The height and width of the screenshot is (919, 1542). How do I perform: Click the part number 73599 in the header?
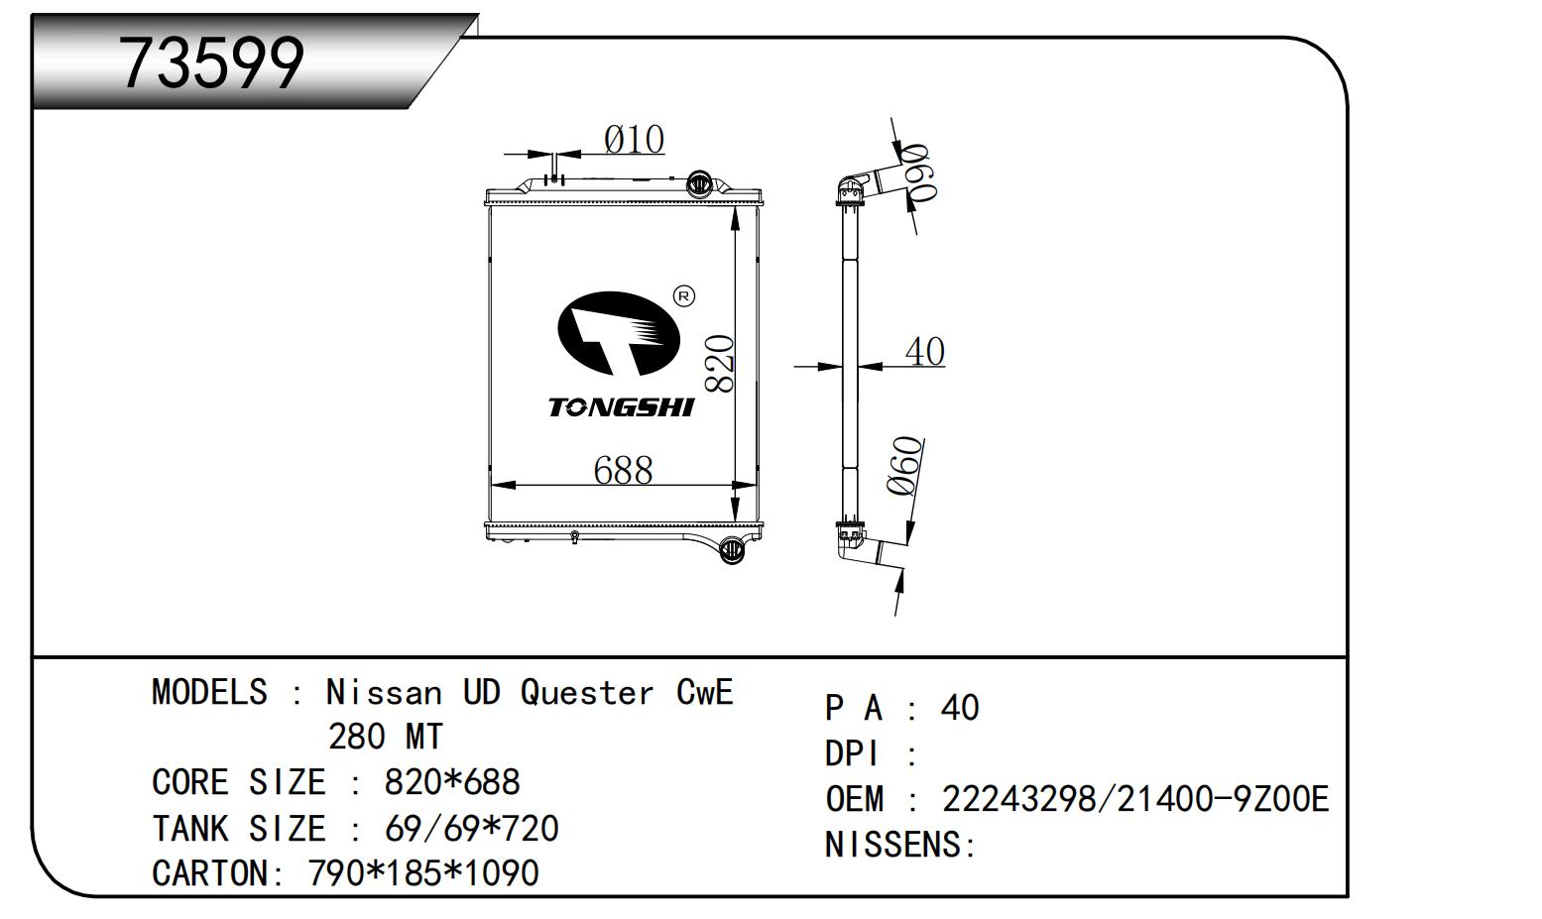coord(210,63)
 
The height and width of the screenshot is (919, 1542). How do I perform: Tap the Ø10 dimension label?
coord(634,140)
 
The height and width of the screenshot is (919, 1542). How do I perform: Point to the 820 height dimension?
coord(720,364)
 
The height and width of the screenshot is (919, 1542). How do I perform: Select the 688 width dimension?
coord(623,470)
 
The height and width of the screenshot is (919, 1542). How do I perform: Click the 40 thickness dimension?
coord(924,351)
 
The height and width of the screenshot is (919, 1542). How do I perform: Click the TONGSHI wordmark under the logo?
coord(622,407)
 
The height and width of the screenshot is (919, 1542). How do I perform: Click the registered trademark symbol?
coord(684,295)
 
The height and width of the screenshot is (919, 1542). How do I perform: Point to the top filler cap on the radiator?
coord(699,182)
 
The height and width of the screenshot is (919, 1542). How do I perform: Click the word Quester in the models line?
coord(587,692)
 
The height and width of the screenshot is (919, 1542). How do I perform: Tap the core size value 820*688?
coord(451,782)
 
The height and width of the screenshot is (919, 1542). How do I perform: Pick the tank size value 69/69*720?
coord(471,828)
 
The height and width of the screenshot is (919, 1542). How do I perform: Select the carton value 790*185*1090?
coord(423,873)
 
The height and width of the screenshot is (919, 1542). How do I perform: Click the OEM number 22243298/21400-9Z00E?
coord(1134,799)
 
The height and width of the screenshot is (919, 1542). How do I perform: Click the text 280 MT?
coord(385,737)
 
